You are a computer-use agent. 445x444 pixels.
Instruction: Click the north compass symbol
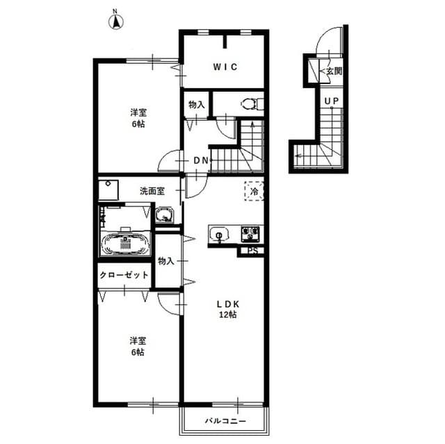click(116, 21)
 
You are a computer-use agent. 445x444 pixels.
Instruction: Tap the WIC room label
click(225, 67)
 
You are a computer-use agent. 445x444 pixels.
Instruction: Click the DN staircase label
click(201, 161)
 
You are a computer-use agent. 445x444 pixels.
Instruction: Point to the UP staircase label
click(331, 101)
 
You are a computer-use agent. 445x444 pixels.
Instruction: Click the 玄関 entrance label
click(332, 71)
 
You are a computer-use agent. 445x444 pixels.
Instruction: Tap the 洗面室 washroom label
click(151, 190)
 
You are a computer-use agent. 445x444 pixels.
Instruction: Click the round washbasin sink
click(165, 215)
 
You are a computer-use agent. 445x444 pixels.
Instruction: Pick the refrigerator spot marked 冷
click(254, 190)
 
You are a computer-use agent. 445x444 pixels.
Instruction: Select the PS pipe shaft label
click(252, 251)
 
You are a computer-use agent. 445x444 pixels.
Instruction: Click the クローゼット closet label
click(124, 275)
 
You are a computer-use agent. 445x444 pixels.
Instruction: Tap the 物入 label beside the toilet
click(196, 104)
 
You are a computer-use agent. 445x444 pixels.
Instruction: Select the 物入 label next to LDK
click(165, 261)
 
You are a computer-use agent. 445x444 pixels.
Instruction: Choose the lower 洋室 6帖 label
click(136, 346)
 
